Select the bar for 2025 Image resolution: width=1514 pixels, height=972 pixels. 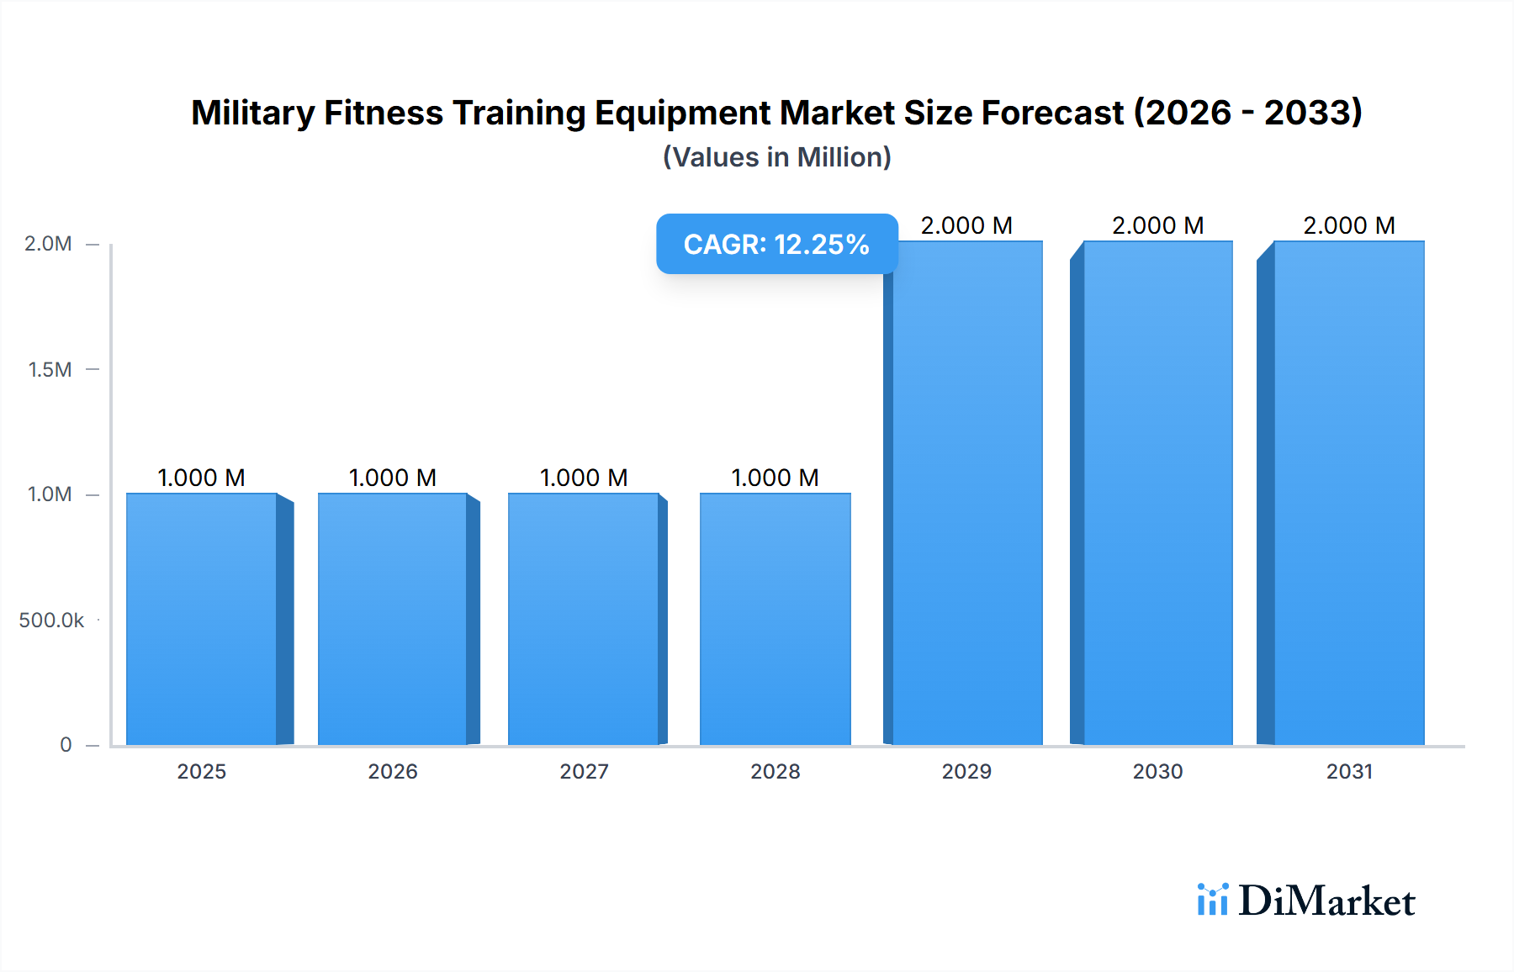[x=202, y=619]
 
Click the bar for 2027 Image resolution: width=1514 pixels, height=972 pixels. [x=584, y=619]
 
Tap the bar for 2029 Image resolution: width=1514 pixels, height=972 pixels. [x=967, y=493]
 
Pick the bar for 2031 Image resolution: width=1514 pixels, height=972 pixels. [x=1349, y=493]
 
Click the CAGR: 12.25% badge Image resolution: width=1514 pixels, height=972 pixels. [x=776, y=244]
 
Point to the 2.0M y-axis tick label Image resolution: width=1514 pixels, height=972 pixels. [x=48, y=244]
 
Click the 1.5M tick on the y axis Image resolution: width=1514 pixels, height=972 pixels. [x=50, y=369]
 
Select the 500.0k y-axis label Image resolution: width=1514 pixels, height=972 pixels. [x=51, y=621]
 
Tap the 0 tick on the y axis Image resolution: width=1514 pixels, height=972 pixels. [x=66, y=745]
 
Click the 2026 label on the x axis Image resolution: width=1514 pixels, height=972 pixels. [x=393, y=771]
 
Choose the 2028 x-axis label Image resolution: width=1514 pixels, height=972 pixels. [x=776, y=771]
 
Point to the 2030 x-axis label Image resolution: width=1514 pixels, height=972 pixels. [x=1158, y=771]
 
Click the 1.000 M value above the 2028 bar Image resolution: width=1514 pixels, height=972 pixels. [x=775, y=478]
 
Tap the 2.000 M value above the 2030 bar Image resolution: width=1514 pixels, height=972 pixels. [x=1158, y=225]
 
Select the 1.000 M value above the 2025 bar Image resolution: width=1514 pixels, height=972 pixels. [x=202, y=478]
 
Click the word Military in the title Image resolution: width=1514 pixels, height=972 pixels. [x=252, y=113]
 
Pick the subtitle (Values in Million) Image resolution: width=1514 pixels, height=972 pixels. [x=776, y=157]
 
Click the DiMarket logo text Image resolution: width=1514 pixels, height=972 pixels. [x=1326, y=901]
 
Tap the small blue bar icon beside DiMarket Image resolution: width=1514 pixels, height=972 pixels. [x=1212, y=900]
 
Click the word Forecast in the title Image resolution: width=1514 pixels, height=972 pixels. [x=1051, y=113]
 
